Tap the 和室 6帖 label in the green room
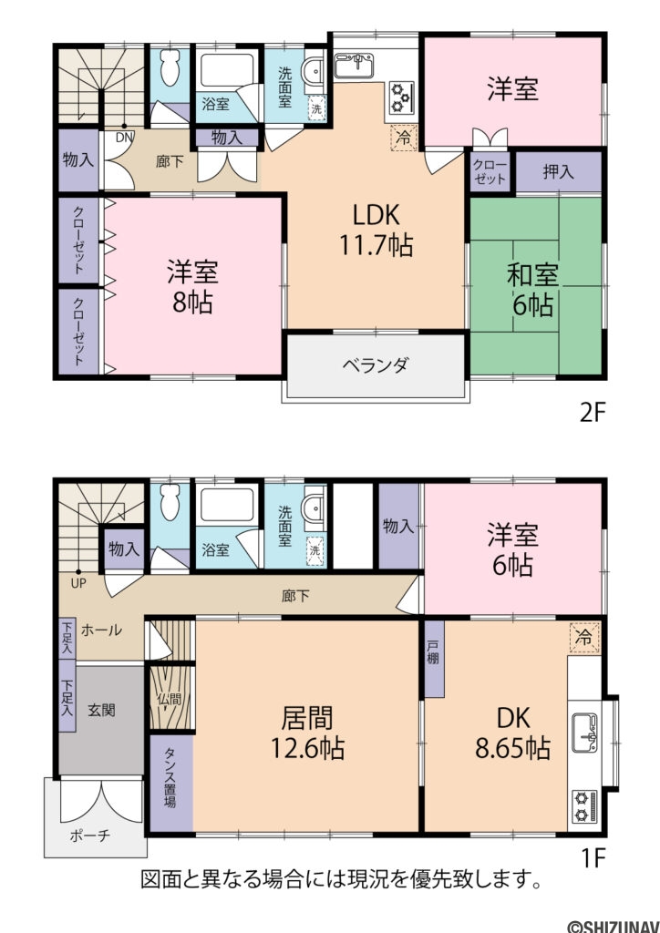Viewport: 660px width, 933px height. (532, 289)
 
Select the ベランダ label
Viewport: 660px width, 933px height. (376, 365)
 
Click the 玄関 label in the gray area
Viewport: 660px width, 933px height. (102, 709)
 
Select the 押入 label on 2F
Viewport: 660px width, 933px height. (558, 172)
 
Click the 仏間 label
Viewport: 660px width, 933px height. (169, 700)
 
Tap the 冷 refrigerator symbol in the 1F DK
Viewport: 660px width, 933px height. (583, 639)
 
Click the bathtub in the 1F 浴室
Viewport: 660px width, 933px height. (228, 505)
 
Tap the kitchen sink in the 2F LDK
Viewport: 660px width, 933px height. (355, 66)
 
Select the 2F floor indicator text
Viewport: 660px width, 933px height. (593, 413)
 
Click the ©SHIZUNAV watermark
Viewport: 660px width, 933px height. (614, 926)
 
